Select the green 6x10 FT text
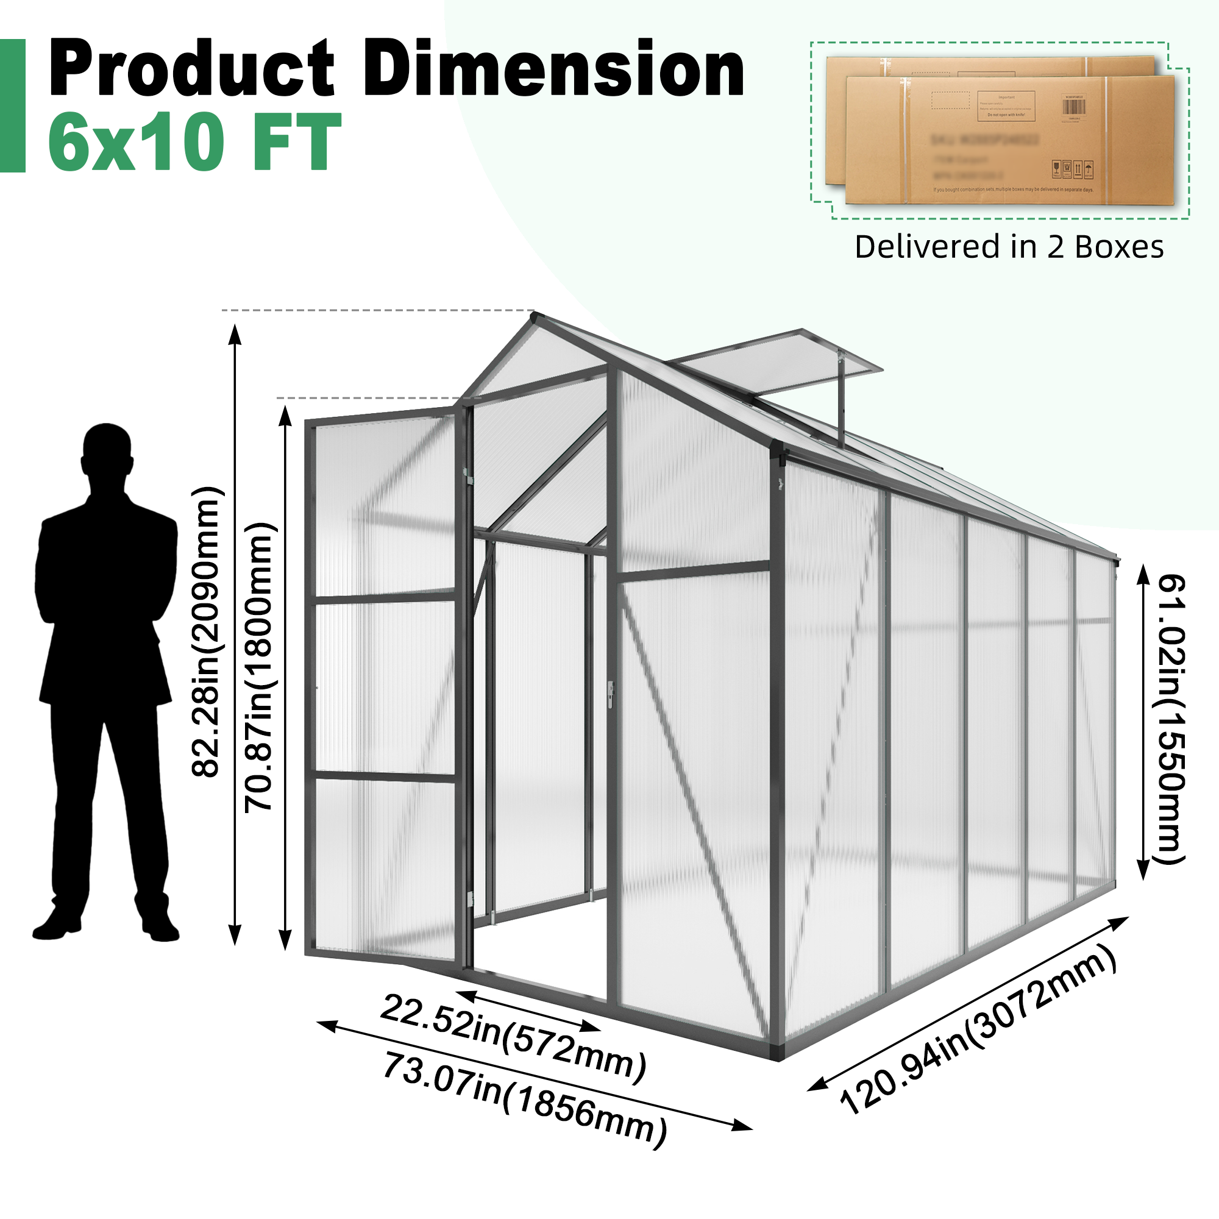194,141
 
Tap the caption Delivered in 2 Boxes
1008,247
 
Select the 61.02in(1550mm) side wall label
1171,719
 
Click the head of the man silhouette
107,449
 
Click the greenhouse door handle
610,694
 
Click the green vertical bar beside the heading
13,105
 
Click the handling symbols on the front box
1072,169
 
